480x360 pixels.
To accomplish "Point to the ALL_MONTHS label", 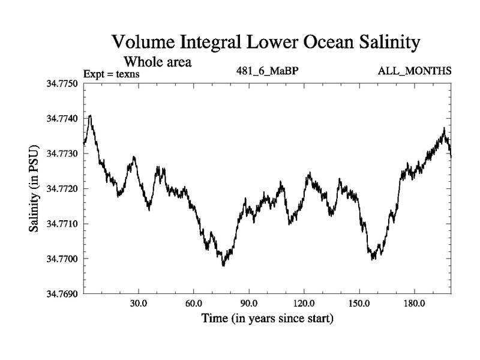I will [415, 71].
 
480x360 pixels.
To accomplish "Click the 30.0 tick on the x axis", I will [139, 303].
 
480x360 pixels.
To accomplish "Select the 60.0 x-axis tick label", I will [194, 303].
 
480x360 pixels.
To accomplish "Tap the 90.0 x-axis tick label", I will [248, 303].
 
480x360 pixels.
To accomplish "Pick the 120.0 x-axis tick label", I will [304, 303].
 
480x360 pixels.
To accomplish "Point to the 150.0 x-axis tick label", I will [359, 303].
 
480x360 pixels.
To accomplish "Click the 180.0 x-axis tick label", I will [414, 303].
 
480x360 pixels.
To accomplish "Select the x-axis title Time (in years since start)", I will [267, 318].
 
